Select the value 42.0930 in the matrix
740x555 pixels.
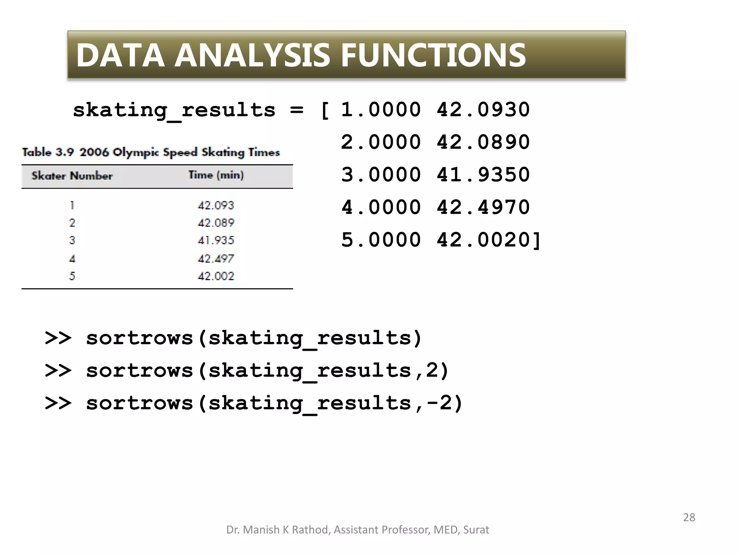pyautogui.click(x=483, y=109)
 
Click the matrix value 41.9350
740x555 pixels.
pyautogui.click(x=483, y=175)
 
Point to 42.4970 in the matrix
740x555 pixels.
pyautogui.click(x=483, y=207)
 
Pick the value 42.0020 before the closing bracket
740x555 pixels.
pyautogui.click(x=483, y=240)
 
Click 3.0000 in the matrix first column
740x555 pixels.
pyautogui.click(x=381, y=175)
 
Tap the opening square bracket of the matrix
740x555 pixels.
pyautogui.click(x=325, y=110)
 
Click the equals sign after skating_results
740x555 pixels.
pyautogui.click(x=297, y=110)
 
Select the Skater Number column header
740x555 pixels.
pyautogui.click(x=72, y=176)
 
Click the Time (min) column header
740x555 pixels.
pyautogui.click(x=216, y=175)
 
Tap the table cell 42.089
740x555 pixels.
pyautogui.click(x=216, y=223)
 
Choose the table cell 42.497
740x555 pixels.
pyautogui.click(x=216, y=258)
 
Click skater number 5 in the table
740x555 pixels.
pyautogui.click(x=72, y=276)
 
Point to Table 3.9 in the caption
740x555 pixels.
pyautogui.click(x=47, y=152)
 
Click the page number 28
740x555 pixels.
pyautogui.click(x=689, y=517)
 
